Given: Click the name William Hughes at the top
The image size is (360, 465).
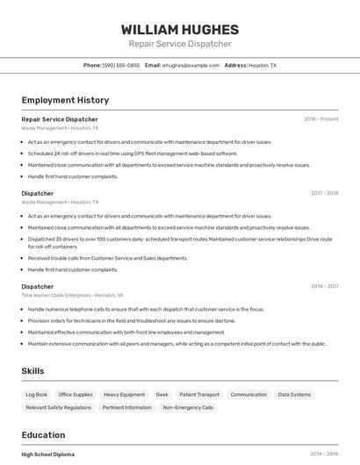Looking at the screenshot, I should coord(179,29).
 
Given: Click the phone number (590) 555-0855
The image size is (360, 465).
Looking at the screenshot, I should coord(121,65).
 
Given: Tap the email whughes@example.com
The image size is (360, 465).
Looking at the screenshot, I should coord(191,65).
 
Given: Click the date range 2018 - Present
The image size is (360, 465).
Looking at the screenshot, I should coord(320,118).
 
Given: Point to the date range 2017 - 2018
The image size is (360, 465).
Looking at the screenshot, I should coord(324,193).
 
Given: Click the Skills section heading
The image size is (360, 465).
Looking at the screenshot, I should coord(33,371).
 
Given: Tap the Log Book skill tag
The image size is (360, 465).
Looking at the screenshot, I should coord(37,395).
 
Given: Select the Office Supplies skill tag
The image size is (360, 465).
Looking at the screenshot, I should coord(76,395).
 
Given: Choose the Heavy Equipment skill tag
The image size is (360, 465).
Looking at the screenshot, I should coord(124,395).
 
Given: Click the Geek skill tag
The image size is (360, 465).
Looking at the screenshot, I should coord(162,395).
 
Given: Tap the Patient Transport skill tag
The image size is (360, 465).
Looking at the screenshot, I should coord(199,395).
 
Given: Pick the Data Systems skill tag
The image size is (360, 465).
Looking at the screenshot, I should coord(294,395).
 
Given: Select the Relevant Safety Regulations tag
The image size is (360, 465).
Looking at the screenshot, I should coord(58,408).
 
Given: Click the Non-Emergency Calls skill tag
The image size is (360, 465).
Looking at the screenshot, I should coord(188,408).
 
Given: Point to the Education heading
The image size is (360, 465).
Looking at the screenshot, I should coord(43,434).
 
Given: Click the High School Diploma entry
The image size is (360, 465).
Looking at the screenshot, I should coord(48,454).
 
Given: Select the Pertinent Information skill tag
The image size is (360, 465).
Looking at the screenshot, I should coord(126,408).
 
